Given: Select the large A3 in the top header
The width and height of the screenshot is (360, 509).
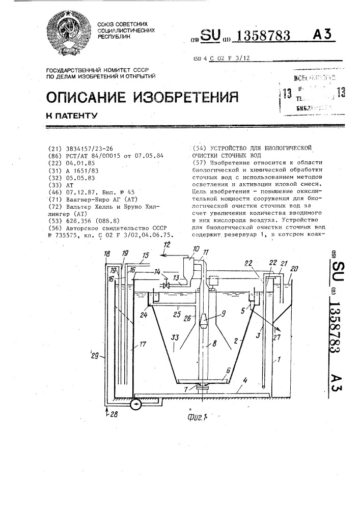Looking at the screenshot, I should point(322,34).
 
